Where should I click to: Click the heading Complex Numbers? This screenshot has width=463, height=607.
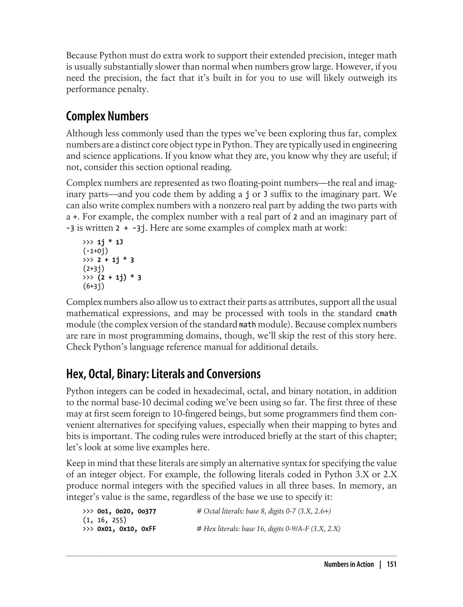pyautogui.click(x=107, y=117)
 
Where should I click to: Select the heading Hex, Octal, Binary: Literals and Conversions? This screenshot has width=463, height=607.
pyautogui.click(x=163, y=374)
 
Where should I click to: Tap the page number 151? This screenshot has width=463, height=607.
pyautogui.click(x=391, y=564)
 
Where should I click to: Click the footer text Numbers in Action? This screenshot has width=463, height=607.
pyautogui.click(x=349, y=564)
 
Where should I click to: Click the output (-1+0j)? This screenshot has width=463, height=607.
pyautogui.click(x=95, y=251)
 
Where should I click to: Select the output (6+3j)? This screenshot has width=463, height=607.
pyautogui.click(x=94, y=286)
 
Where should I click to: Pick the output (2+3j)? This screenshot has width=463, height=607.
pyautogui.click(x=94, y=269)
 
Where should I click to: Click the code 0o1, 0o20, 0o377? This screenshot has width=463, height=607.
pyautogui.click(x=127, y=511)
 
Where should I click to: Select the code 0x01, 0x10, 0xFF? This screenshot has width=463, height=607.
pyautogui.click(x=127, y=529)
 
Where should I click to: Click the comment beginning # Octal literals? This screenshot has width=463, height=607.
pyautogui.click(x=264, y=511)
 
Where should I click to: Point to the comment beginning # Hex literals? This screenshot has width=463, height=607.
pyautogui.click(x=269, y=529)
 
